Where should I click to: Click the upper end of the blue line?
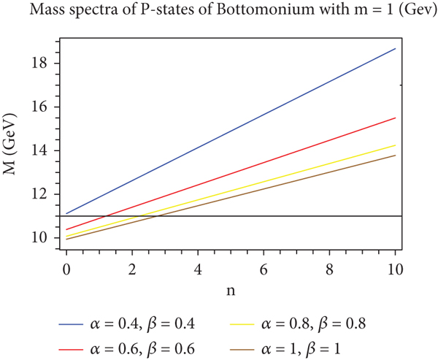tap(395, 49)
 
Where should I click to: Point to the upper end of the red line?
tap(395, 118)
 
